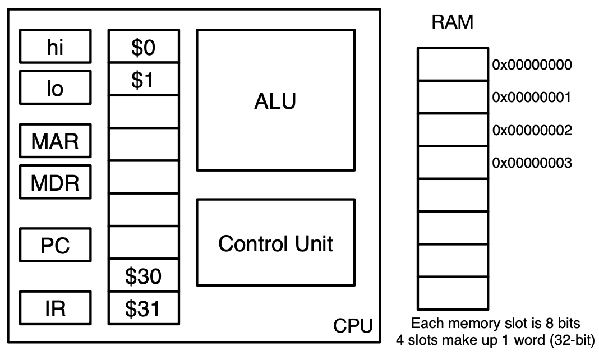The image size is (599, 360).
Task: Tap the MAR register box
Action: pyautogui.click(x=56, y=140)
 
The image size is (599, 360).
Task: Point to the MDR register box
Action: pyautogui.click(x=56, y=182)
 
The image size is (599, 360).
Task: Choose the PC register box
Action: pyautogui.click(x=56, y=244)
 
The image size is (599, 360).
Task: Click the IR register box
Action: pyautogui.click(x=56, y=307)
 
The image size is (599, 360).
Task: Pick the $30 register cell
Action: pyautogui.click(x=143, y=275)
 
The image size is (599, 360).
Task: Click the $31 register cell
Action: pyautogui.click(x=143, y=308)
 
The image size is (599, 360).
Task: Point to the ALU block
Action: pyautogui.click(x=275, y=100)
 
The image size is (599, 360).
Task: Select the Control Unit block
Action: pyautogui.click(x=275, y=242)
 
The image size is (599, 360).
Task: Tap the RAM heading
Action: pyautogui.click(x=452, y=22)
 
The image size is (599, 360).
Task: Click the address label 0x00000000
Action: pyautogui.click(x=531, y=65)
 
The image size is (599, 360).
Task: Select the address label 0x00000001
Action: pyautogui.click(x=531, y=98)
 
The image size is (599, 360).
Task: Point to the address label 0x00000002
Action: pyautogui.click(x=531, y=131)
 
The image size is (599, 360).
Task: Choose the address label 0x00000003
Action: pyautogui.click(x=531, y=163)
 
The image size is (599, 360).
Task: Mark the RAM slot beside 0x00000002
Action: pyautogui.click(x=452, y=130)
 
